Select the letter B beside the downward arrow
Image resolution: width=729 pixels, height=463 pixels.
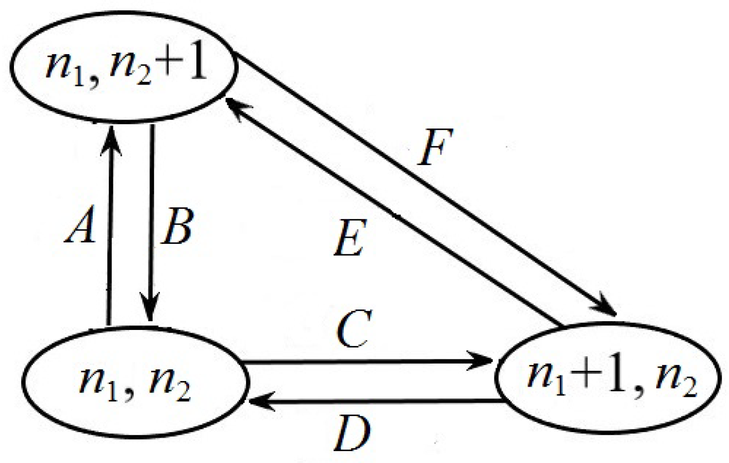point(177,227)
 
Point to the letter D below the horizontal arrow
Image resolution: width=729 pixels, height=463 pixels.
point(352,433)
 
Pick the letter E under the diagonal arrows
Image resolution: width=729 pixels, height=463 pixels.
point(350,239)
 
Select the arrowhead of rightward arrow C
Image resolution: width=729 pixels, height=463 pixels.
point(482,361)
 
